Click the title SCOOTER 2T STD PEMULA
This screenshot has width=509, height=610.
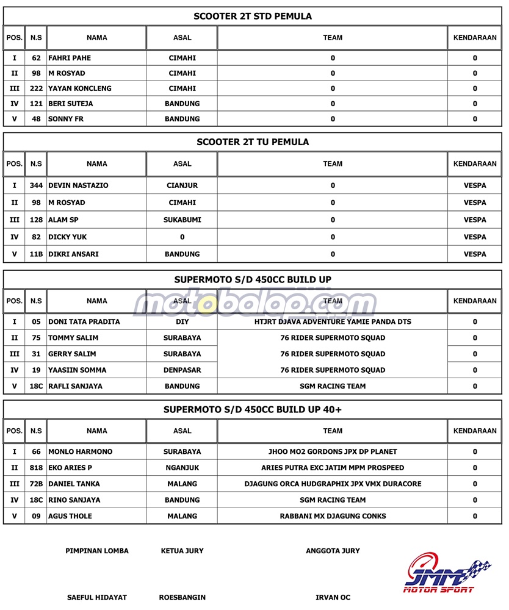click(x=252, y=16)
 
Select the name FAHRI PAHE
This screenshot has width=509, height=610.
click(x=70, y=58)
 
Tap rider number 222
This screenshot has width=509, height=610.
click(x=36, y=88)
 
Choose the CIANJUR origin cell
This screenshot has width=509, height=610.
click(x=182, y=185)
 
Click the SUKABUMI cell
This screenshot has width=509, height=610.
click(x=182, y=220)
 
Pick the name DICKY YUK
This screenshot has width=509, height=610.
click(x=67, y=237)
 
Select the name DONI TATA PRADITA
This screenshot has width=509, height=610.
click(x=84, y=321)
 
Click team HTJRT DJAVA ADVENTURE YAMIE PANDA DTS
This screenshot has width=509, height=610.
click(x=333, y=321)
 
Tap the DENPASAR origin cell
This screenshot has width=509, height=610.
click(x=182, y=370)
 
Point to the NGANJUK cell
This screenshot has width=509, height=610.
click(x=182, y=468)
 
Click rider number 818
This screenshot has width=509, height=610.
click(x=36, y=468)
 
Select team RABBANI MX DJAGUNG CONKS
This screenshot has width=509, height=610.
click(x=333, y=516)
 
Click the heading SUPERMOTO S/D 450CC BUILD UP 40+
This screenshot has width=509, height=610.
click(x=252, y=409)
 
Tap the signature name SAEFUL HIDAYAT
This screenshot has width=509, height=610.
click(x=96, y=597)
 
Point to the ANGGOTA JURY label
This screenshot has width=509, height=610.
click(x=333, y=551)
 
